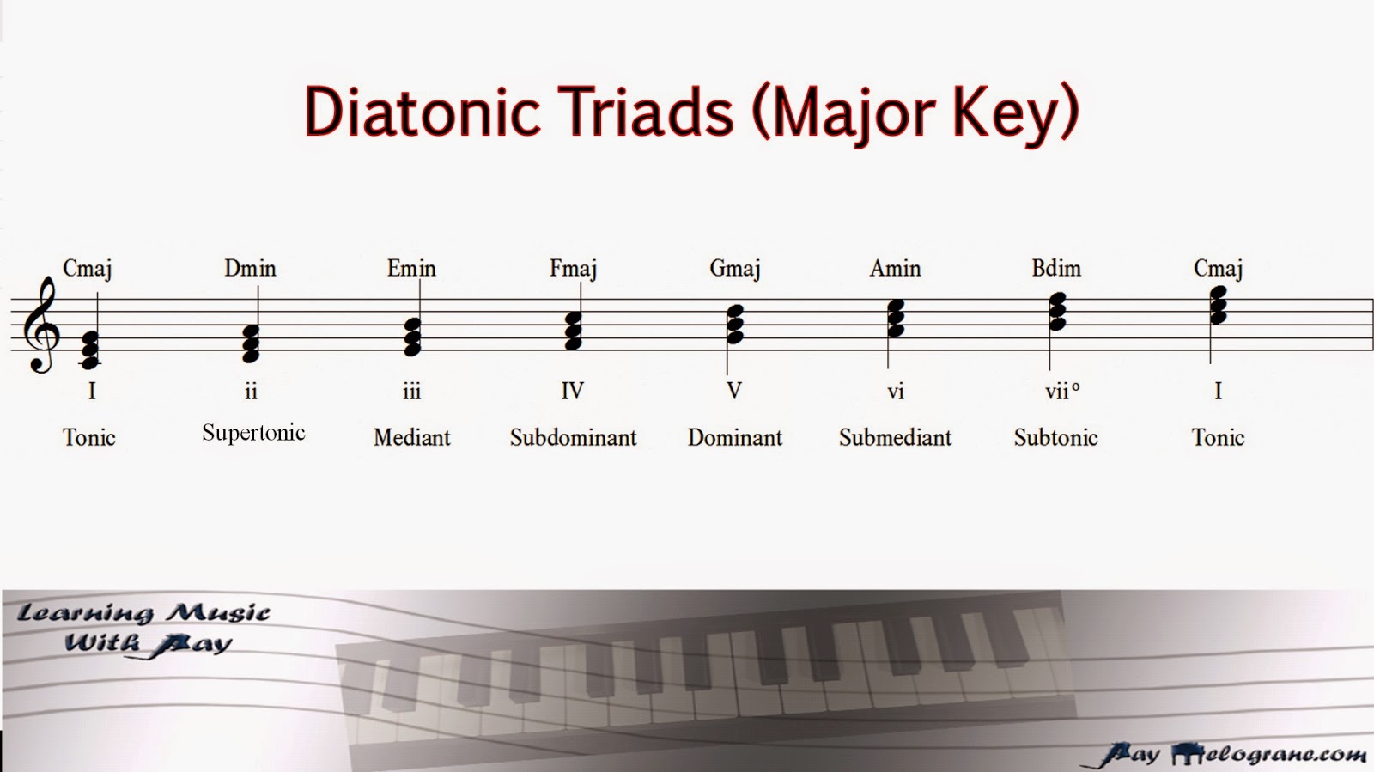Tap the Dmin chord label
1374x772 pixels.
(x=250, y=269)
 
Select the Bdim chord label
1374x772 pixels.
(x=1056, y=269)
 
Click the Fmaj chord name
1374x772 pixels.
(x=573, y=269)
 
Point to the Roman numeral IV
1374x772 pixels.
(x=572, y=392)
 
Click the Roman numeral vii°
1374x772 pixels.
(x=1061, y=392)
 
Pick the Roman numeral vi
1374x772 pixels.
(x=896, y=392)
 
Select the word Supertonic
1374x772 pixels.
(x=253, y=432)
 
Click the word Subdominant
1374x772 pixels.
(x=573, y=437)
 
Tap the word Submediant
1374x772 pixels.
(x=895, y=437)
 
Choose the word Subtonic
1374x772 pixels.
(x=1055, y=437)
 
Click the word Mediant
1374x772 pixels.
(x=411, y=437)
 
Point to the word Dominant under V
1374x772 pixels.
(x=734, y=437)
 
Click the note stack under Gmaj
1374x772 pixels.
(x=735, y=325)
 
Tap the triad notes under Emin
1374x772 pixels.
(x=412, y=337)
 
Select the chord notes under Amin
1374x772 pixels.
(x=896, y=319)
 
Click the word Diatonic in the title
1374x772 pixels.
(x=423, y=112)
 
